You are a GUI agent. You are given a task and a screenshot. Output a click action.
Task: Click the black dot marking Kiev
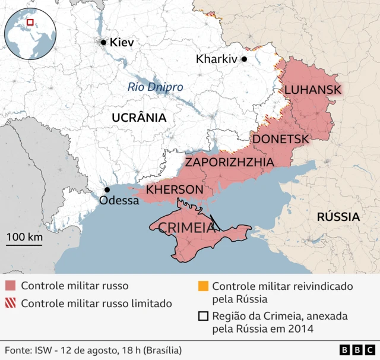point(103,42)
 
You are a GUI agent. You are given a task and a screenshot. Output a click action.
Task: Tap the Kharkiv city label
point(216,59)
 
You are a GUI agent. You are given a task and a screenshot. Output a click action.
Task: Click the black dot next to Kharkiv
point(243,59)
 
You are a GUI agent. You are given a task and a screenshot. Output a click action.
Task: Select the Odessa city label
point(119,200)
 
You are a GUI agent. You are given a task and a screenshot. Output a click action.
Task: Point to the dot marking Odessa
point(107,190)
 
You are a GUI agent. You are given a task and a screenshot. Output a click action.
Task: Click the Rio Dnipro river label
point(156,87)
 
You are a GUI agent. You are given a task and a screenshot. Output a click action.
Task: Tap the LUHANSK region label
point(313,90)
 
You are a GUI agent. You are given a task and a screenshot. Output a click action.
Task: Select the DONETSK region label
point(281,139)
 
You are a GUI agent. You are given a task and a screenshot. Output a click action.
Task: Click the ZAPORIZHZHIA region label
point(229,162)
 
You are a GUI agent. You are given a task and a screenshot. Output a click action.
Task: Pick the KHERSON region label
point(175,190)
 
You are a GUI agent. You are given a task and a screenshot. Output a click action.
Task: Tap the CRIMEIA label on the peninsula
point(186,228)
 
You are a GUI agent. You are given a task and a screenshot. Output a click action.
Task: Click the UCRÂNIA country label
point(139,118)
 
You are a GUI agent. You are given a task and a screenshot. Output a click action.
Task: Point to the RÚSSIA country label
point(338,216)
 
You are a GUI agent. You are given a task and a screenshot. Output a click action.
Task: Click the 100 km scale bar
point(24,244)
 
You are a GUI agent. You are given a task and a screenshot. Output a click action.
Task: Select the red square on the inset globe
point(30,23)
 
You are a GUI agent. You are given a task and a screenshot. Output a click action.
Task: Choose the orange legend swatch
point(203,286)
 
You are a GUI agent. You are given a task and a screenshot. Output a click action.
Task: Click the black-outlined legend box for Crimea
point(203,317)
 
